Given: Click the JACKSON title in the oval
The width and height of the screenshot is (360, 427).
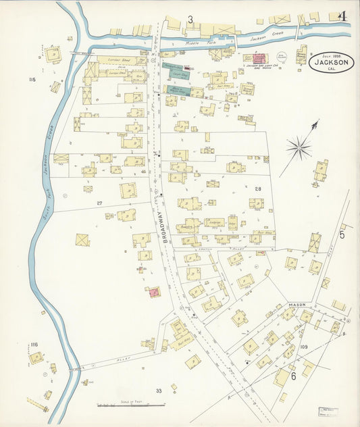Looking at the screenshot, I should pos(331,63).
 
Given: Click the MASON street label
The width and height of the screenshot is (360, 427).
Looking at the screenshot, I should pos(297,305).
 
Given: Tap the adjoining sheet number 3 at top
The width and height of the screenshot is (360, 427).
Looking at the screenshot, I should pos(190,20).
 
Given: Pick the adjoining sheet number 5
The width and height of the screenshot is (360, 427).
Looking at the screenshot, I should pos(342,235).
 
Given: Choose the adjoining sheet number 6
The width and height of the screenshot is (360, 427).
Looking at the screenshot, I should pos(293,376).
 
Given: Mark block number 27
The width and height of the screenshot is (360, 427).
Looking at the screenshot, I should pos(99,203).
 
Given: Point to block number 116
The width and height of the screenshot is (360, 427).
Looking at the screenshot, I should pos(34,345).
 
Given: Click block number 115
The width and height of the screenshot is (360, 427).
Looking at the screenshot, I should pos(31,80).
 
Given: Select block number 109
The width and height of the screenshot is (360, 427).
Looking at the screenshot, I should pos(304,347).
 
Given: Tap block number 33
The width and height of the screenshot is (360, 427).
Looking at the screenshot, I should pos(159,391).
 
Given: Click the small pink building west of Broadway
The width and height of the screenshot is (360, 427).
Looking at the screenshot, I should pos(154,292).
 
